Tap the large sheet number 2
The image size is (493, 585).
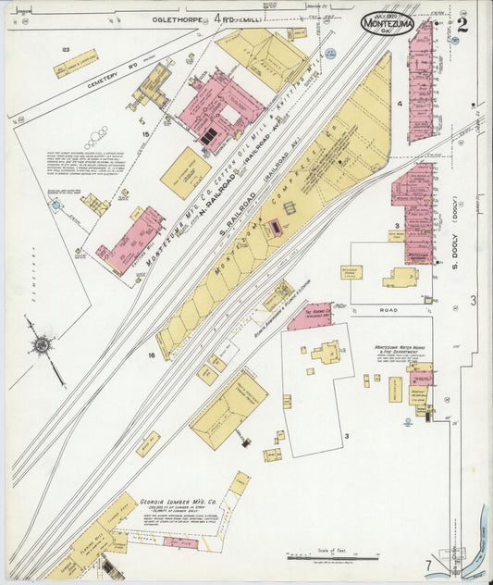tap(462, 24)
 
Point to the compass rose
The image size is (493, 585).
tap(41, 345)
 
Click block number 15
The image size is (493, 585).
tap(144, 135)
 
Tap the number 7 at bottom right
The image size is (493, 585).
tap(427, 565)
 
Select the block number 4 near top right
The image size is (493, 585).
tap(400, 104)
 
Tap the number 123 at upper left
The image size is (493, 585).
tap(65, 48)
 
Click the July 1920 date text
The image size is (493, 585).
tap(386, 13)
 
